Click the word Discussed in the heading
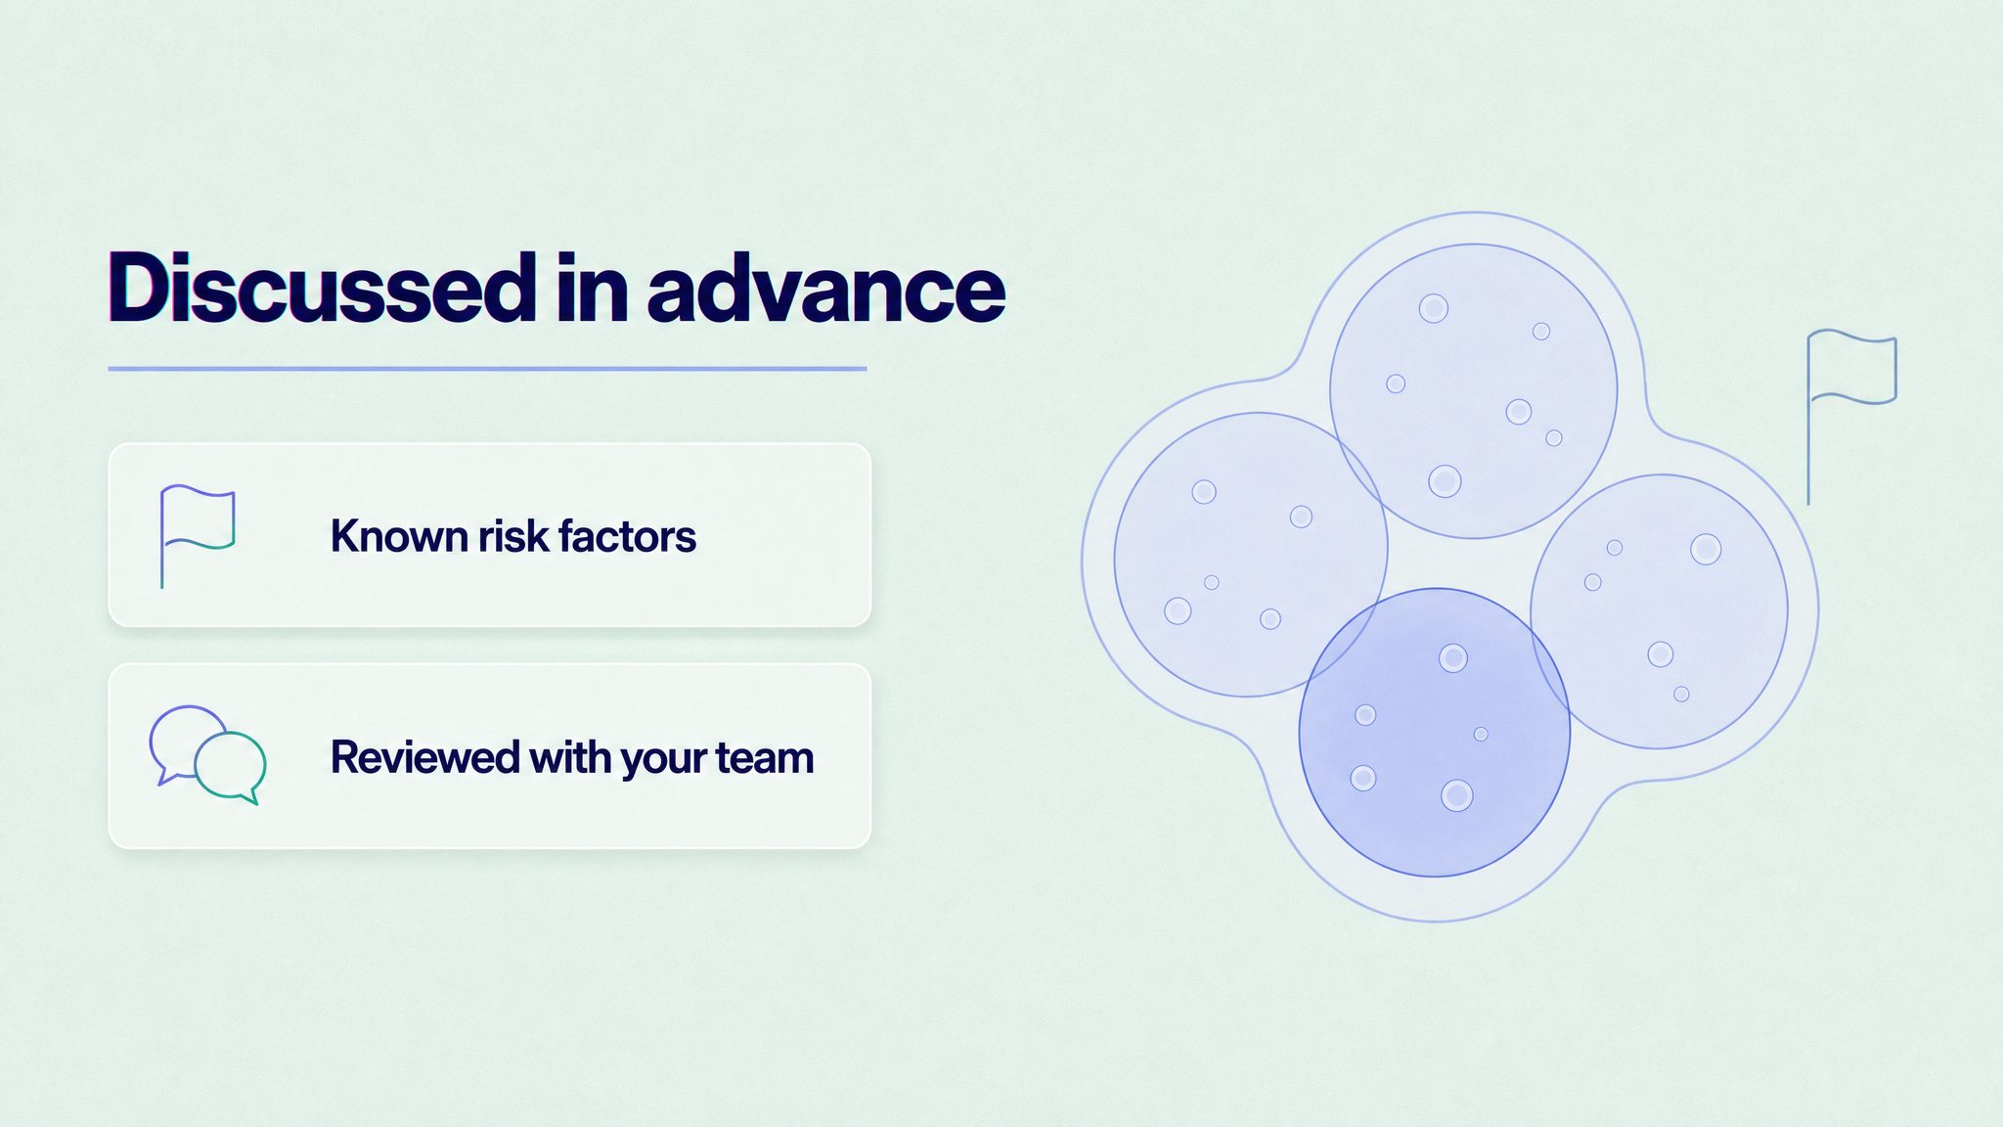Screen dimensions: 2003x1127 tap(322, 288)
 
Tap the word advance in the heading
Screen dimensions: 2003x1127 tap(826, 288)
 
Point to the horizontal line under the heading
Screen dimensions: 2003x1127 tap(487, 369)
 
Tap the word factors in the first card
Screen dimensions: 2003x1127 tap(627, 536)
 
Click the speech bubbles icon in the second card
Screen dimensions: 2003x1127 tap(207, 755)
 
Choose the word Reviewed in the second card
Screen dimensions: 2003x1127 tap(424, 757)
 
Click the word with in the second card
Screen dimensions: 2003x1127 tap(570, 757)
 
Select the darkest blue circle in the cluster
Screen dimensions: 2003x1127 tap(1435, 732)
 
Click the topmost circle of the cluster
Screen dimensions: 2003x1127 tap(1473, 391)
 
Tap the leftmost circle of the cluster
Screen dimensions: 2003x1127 tap(1251, 555)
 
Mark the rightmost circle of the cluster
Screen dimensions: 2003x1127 tap(1660, 611)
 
